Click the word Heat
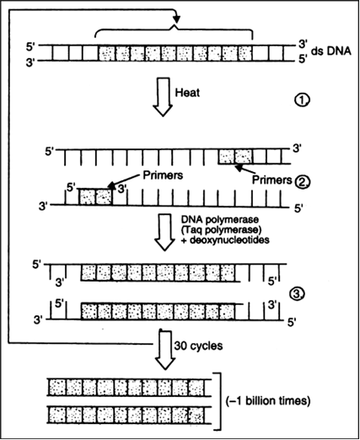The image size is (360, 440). pyautogui.click(x=187, y=92)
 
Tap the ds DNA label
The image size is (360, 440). pyautogui.click(x=331, y=51)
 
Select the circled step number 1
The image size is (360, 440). pyautogui.click(x=302, y=100)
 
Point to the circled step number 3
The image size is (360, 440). pyautogui.click(x=297, y=294)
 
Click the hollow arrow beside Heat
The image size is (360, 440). pyautogui.click(x=163, y=97)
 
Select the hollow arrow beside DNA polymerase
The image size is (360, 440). pyautogui.click(x=165, y=233)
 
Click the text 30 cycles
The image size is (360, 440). pyautogui.click(x=198, y=346)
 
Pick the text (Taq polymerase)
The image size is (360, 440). pyautogui.click(x=222, y=229)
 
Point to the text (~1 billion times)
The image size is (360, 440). pyautogui.click(x=268, y=400)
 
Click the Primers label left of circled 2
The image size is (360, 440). pyautogui.click(x=271, y=180)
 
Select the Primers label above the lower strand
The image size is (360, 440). pyautogui.click(x=163, y=175)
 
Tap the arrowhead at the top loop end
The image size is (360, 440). pyautogui.click(x=176, y=19)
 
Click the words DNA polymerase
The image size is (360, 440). pyautogui.click(x=220, y=219)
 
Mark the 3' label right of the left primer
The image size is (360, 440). pyautogui.click(x=121, y=189)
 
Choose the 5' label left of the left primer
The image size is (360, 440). pyautogui.click(x=70, y=187)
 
